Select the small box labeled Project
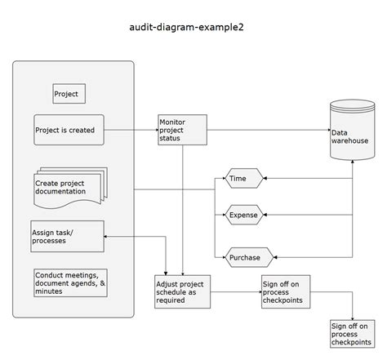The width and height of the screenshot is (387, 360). [69, 94]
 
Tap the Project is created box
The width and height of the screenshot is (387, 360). [69, 130]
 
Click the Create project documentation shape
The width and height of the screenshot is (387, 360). [69, 188]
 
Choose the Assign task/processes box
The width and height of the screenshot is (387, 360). [68, 237]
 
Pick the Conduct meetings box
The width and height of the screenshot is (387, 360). [70, 282]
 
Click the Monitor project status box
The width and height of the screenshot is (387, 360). [182, 130]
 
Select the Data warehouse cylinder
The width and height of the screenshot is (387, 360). [352, 134]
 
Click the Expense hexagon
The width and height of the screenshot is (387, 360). [243, 216]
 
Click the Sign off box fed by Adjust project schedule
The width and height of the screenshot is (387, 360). [286, 291]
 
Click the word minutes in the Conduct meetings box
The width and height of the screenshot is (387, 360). [50, 291]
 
